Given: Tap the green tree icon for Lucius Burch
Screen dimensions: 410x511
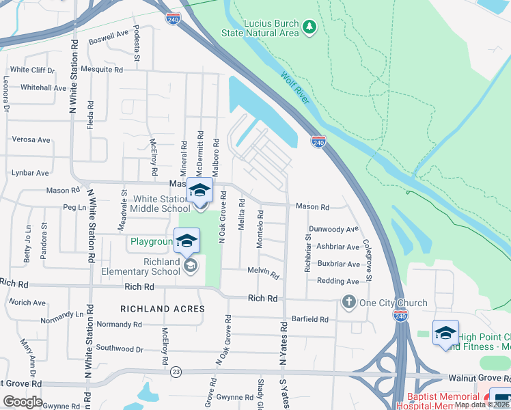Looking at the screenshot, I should [x=310, y=27].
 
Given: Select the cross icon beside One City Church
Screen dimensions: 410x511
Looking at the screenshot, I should [x=348, y=302].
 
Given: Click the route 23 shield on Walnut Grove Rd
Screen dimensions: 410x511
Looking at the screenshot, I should [x=176, y=370].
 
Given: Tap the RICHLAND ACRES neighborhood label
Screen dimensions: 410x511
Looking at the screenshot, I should [x=163, y=309].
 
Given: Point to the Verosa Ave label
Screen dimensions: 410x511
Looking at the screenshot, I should [x=31, y=139].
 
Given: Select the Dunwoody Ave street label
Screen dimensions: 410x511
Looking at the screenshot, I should [x=333, y=230].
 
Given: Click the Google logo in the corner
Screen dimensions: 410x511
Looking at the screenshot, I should [x=23, y=402].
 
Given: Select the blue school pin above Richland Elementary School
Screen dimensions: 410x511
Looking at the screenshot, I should [x=187, y=241].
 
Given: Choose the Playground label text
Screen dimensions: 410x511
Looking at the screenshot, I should [x=151, y=241].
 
